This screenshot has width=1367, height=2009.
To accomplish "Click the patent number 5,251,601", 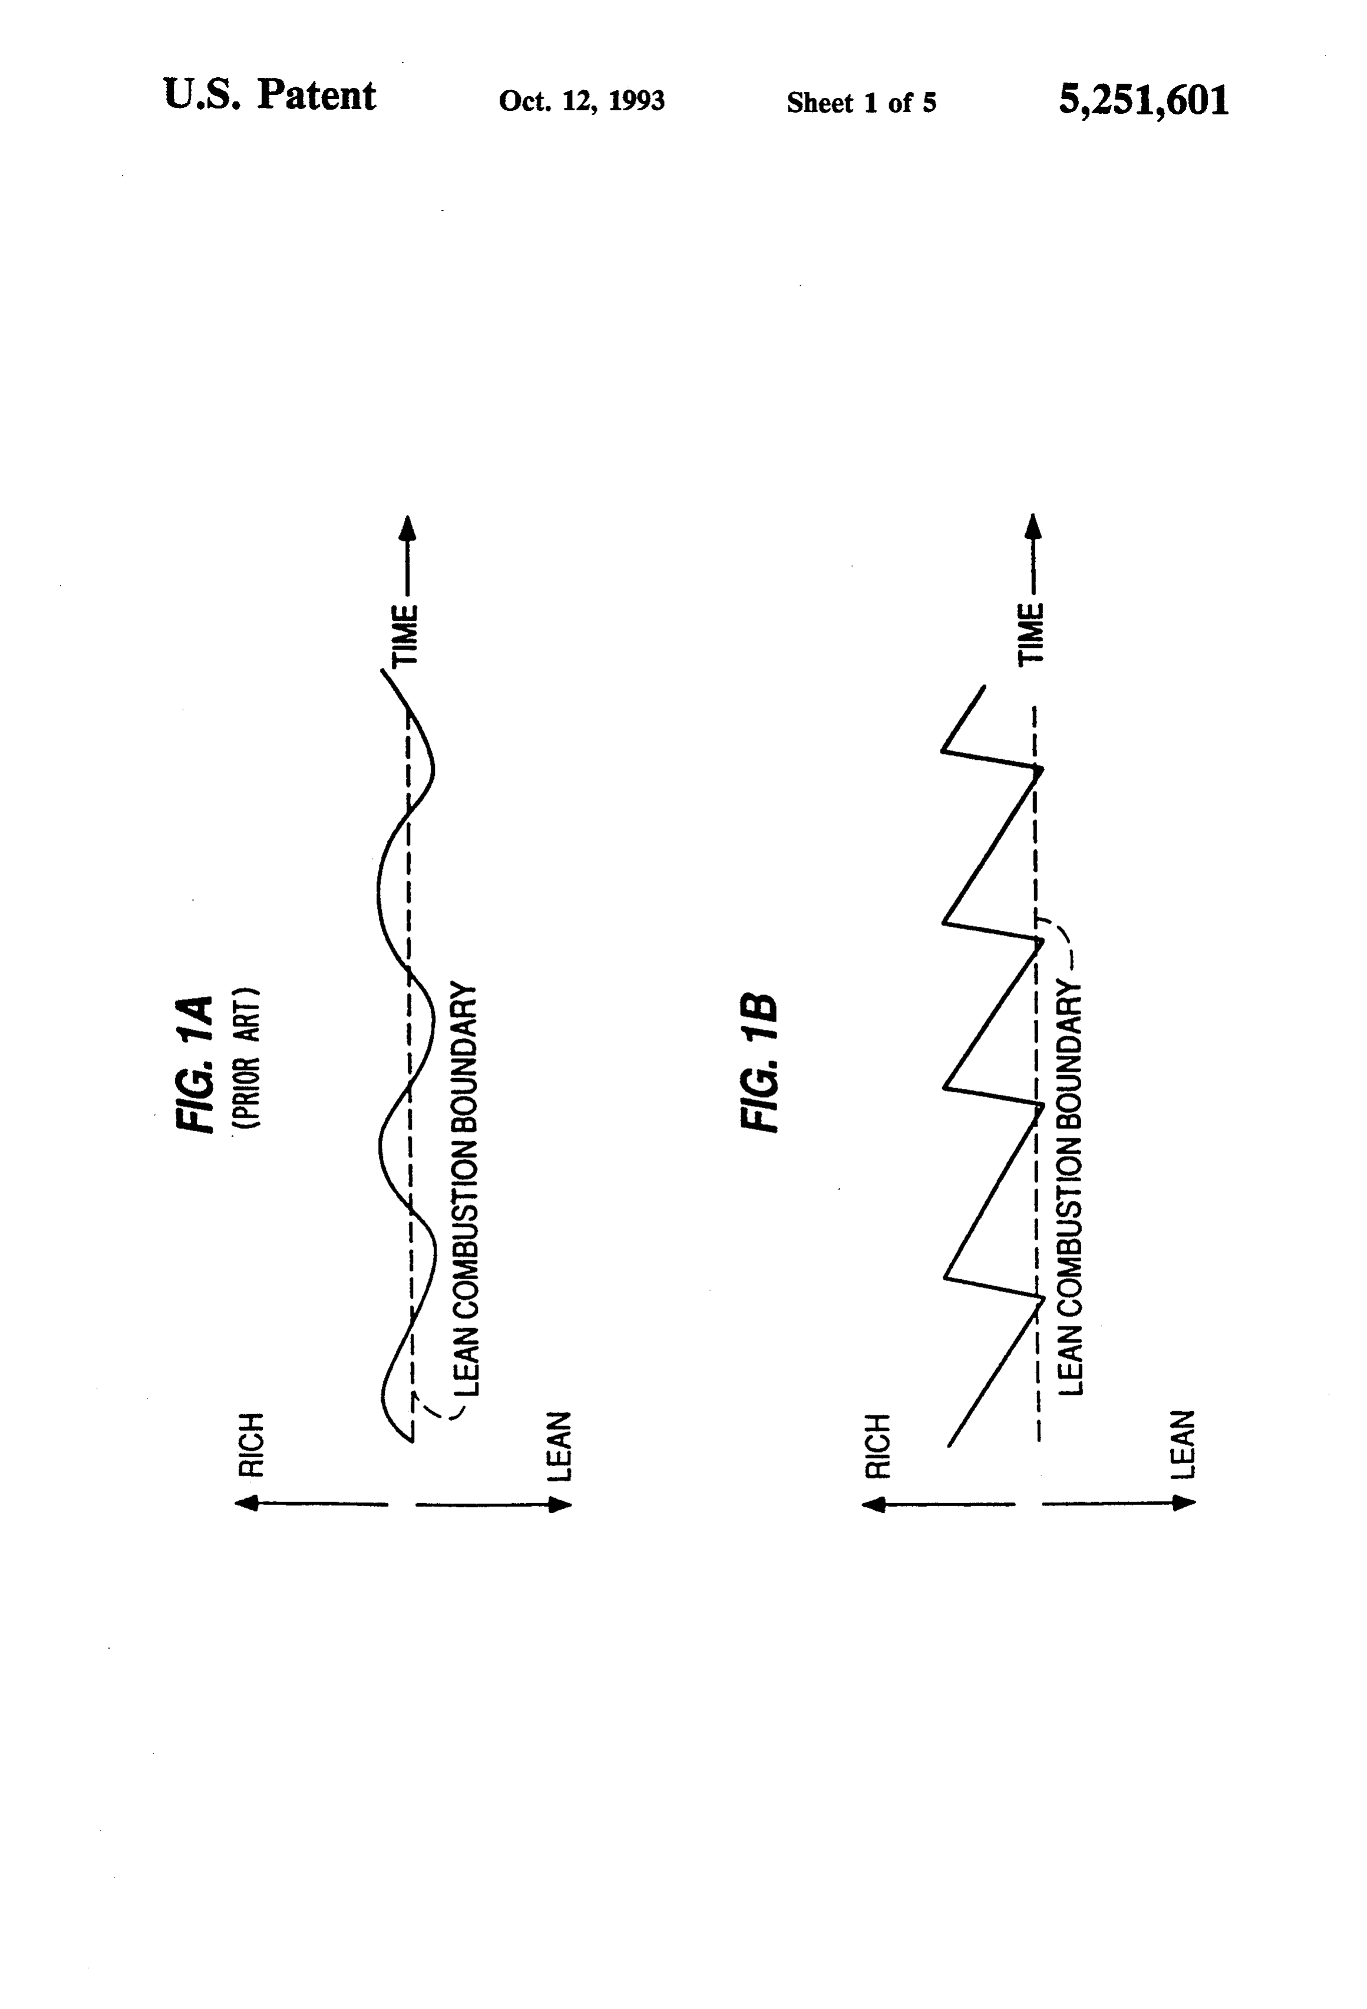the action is click(x=1143, y=100).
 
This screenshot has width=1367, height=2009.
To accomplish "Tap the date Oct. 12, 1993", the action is click(x=582, y=101).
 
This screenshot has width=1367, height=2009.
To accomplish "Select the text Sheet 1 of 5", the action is click(x=861, y=103).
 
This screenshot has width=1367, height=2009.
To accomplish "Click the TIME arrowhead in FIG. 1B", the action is click(x=1035, y=529).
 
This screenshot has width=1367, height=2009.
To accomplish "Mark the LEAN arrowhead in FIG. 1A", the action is click(x=560, y=1505).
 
